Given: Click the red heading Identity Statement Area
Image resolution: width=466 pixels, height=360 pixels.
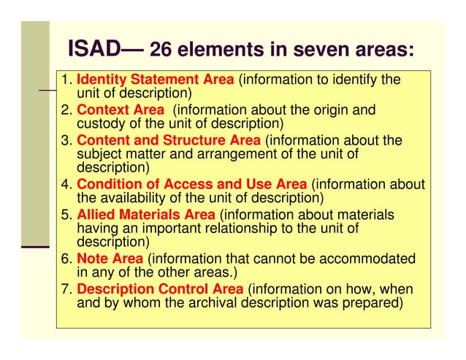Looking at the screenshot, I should click(156, 80).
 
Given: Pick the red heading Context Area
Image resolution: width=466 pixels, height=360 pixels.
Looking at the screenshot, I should click(121, 110).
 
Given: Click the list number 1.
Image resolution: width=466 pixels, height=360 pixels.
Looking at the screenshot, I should click(65, 80).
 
